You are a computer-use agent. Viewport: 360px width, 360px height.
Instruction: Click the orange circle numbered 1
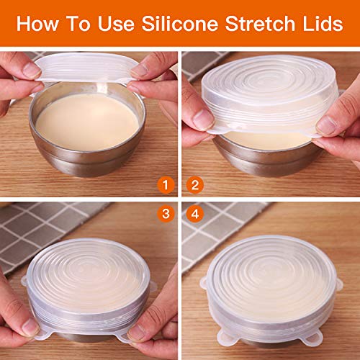click(x=167, y=186)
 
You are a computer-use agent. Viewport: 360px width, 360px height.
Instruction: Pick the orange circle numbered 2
click(x=194, y=186)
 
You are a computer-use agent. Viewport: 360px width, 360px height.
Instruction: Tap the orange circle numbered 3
click(x=167, y=212)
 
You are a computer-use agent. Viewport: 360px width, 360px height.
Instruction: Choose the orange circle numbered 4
click(x=194, y=212)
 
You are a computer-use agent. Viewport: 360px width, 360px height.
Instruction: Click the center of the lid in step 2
click(x=270, y=94)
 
